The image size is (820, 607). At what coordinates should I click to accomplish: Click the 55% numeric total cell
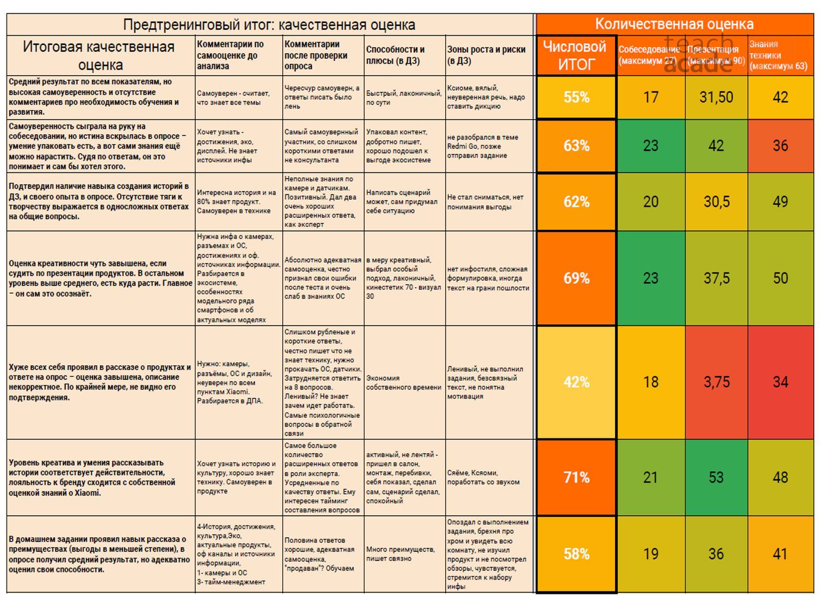coord(576,97)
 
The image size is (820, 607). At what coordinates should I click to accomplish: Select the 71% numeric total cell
coord(576,477)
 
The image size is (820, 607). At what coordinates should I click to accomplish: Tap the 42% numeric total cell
coord(576,382)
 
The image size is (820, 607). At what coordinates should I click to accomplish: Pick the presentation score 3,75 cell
coord(716,382)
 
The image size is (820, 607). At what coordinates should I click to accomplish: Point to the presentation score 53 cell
coord(716,477)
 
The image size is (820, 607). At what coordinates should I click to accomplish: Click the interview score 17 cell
coord(651,97)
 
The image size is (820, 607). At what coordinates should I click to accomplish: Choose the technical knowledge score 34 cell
coord(780,382)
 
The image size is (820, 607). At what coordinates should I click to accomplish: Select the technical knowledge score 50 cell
coord(780,278)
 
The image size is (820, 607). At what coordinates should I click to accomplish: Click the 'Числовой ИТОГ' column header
coord(576,55)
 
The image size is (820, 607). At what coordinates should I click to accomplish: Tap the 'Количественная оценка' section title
coord(674,24)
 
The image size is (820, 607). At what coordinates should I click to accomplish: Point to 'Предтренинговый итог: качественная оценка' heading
coord(269,24)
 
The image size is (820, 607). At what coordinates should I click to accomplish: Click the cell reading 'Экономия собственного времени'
coord(404,382)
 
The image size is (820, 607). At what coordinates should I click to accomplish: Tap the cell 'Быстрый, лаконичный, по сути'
coord(404,98)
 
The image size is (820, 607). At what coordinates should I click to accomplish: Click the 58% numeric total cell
coord(576,554)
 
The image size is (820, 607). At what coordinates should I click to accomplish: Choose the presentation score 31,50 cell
coord(716,97)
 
